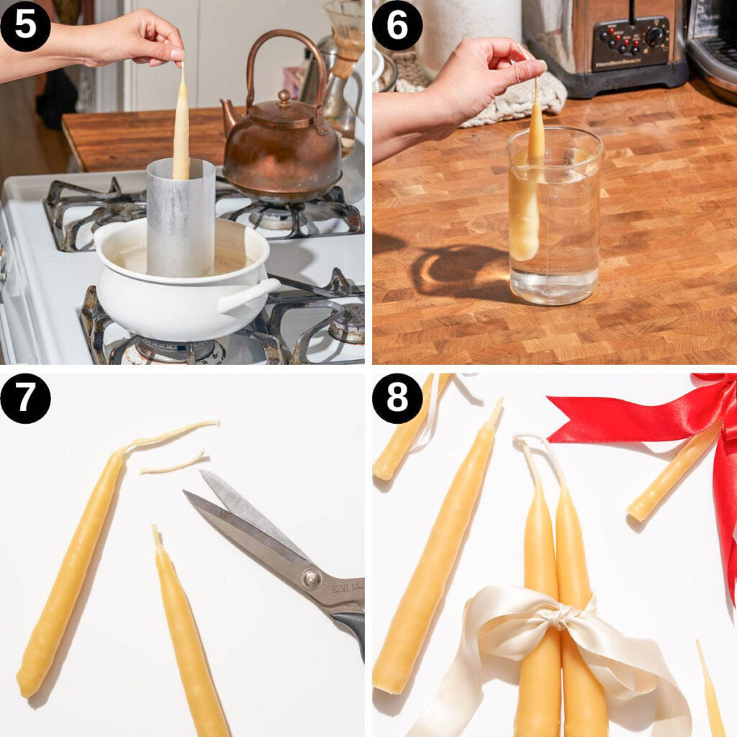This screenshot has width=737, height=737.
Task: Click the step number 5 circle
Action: pyautogui.click(x=25, y=26)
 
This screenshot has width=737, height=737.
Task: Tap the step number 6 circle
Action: pyautogui.click(x=397, y=26)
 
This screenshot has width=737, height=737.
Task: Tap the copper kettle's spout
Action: pyautogui.click(x=230, y=115)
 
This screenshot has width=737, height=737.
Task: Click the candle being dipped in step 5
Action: pyautogui.click(x=181, y=130)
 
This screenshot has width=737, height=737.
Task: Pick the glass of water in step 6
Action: pyautogui.click(x=554, y=216)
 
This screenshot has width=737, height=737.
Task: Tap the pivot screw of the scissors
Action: pyautogui.click(x=311, y=578)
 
